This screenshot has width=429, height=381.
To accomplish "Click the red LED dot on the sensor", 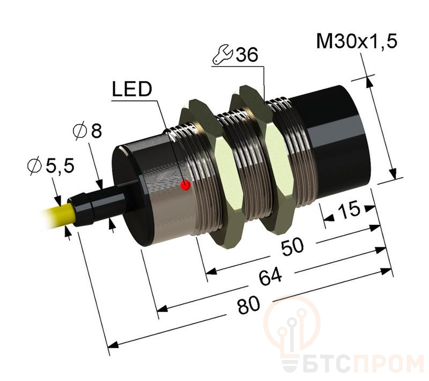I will point(186,185).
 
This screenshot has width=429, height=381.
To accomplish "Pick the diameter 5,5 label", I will point(50,167).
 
